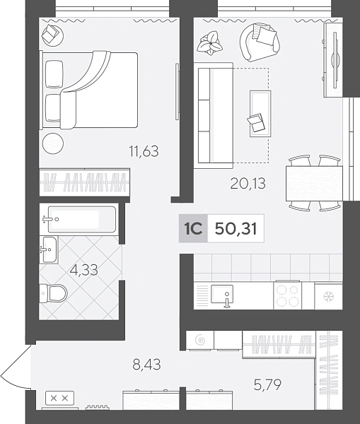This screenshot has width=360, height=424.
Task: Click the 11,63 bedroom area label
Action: [x=144, y=151]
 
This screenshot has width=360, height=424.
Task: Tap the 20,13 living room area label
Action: [x=248, y=183]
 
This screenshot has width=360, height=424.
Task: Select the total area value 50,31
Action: [x=236, y=229]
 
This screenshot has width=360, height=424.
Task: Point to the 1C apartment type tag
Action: [x=193, y=228]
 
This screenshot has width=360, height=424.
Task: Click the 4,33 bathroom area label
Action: [x=83, y=270]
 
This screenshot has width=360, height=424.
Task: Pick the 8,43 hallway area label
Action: [x=146, y=364]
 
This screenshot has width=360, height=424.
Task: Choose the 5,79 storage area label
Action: [x=267, y=384]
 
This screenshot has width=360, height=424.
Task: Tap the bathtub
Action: [x=82, y=219]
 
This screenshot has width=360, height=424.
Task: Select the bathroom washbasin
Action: [x=49, y=249]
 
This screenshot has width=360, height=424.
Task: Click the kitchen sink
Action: [x=222, y=295]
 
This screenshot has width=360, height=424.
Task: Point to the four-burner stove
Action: [x=287, y=295]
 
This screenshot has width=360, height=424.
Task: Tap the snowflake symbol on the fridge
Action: [x=329, y=297]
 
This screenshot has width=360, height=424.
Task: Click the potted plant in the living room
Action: [x=210, y=43]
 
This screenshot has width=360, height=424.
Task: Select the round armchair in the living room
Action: [x=260, y=42]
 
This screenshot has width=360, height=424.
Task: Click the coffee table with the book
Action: [x=260, y=114]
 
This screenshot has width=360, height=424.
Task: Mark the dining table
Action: [x=314, y=183]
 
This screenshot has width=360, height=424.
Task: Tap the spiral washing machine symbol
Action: [x=200, y=340]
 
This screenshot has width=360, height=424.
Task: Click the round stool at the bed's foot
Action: [x=53, y=143]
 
